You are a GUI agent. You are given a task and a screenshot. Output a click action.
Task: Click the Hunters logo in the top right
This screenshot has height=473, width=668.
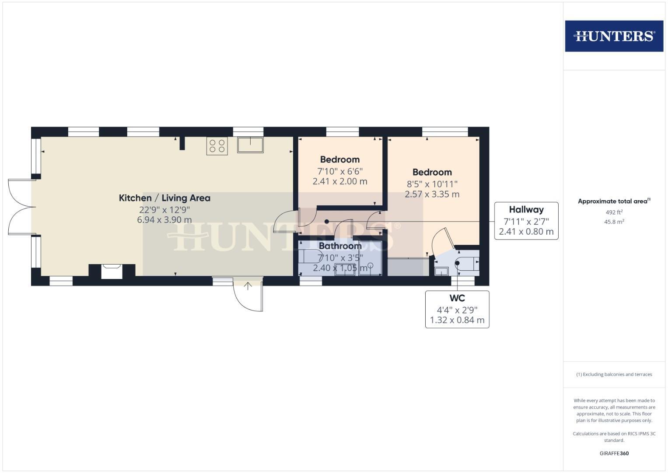tap(614, 36)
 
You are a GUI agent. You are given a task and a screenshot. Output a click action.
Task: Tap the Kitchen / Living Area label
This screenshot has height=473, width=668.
tap(164, 198)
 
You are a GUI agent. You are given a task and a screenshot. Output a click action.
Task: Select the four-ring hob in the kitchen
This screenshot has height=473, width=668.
tap(217, 146)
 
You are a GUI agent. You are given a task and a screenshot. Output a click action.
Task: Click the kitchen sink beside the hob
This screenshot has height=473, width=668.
tap(250, 145)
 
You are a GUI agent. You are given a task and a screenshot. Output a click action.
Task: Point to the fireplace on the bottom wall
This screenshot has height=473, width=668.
tap(112, 271)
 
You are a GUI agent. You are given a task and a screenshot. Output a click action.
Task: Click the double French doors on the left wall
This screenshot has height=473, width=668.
tap(21, 207)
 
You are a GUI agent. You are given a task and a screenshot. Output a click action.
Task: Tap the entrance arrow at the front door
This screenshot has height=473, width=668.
tap(248, 286)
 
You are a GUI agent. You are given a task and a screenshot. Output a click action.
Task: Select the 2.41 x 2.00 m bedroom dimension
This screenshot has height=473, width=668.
tap(340, 181)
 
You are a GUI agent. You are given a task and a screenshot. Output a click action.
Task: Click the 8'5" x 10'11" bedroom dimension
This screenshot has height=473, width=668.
tap(432, 184)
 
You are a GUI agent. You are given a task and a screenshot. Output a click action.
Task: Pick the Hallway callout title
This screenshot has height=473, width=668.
tap(526, 210)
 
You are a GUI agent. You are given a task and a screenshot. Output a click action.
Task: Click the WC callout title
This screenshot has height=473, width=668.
tap(457, 298)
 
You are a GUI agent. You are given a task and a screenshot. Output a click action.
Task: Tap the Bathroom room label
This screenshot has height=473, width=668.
tap(340, 246)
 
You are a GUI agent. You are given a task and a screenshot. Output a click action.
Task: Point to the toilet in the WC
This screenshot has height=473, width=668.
tap(467, 263)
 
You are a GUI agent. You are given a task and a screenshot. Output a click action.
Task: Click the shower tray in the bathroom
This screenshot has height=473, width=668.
tap(370, 258)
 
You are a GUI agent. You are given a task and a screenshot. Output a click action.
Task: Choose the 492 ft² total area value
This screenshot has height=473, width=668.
tap(614, 212)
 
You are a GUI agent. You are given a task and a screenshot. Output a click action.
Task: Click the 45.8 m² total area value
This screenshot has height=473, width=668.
tap(614, 222)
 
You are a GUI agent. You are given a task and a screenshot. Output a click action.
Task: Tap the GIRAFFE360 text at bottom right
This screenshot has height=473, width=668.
tap(614, 453)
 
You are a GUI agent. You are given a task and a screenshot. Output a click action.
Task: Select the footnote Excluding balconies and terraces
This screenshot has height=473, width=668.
tap(614, 374)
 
